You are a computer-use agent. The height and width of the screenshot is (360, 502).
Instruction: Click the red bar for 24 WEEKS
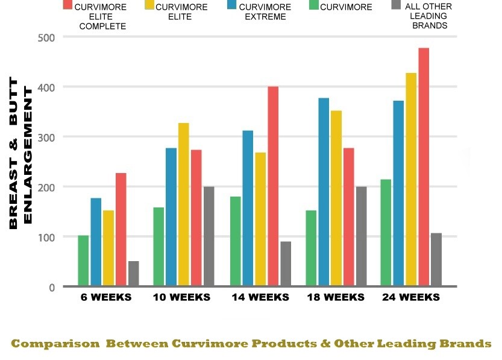click(x=424, y=167)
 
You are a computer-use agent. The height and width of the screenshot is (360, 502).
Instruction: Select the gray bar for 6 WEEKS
click(x=133, y=274)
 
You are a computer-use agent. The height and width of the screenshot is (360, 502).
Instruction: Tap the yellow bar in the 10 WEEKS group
click(x=183, y=204)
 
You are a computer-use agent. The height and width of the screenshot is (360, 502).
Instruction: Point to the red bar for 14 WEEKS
click(x=272, y=186)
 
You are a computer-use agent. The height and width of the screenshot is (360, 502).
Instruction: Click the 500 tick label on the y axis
click(x=46, y=37)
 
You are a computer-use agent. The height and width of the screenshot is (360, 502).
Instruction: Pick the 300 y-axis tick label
click(x=46, y=137)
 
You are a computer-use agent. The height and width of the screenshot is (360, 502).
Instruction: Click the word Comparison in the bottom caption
click(x=55, y=344)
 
